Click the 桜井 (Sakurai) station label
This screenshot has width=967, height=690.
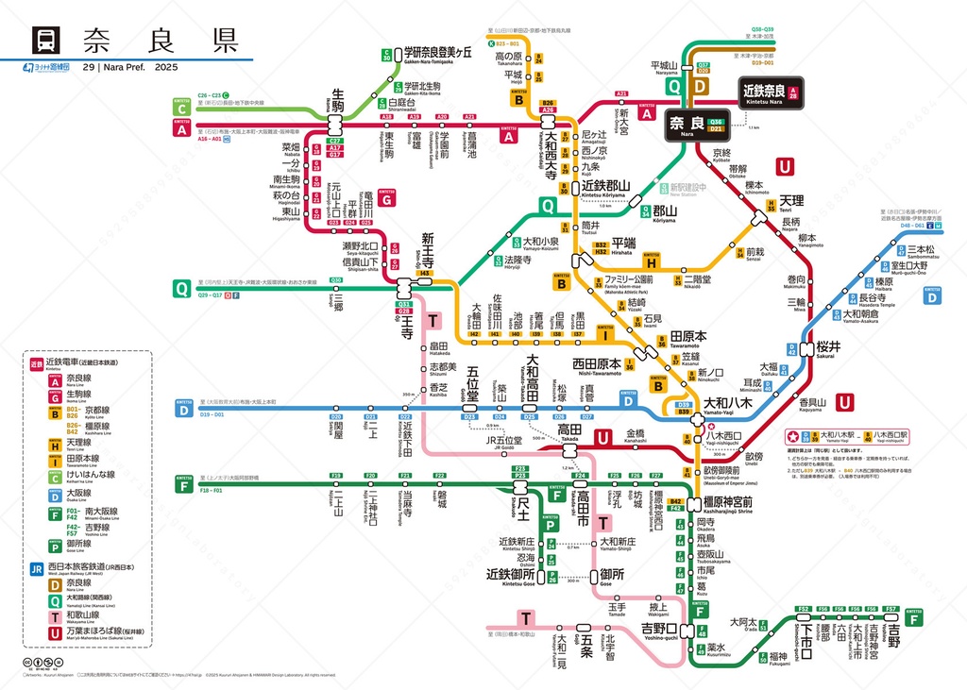coord(828,346)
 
